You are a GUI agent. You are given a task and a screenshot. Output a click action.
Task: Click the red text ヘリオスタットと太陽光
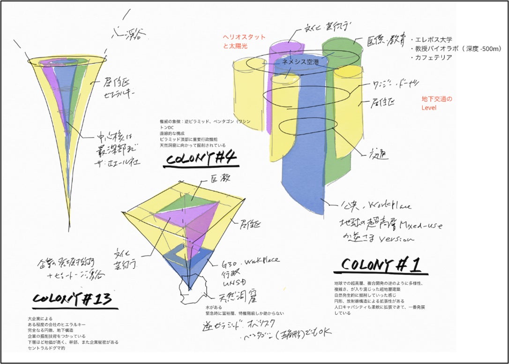(244, 42)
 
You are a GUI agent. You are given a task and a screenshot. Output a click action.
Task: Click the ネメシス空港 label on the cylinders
(299, 61)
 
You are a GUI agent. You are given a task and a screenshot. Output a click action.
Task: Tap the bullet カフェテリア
(433, 58)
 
